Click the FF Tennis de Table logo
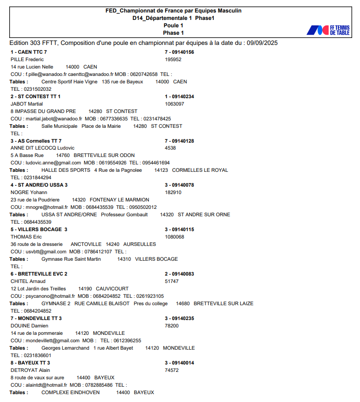coord(328,30)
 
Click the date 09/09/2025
coord(262,43)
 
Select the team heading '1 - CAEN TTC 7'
coord(29,52)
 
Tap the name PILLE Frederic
coord(27,59)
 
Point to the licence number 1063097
coord(174,104)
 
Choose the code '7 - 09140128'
coord(180,141)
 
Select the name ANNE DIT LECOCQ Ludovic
coord(43,148)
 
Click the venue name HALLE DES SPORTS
coord(66,170)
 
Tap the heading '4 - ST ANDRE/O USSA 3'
coord(39,185)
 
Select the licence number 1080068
coord(174,237)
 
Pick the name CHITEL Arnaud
coord(28,281)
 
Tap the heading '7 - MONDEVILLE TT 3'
coord(36,318)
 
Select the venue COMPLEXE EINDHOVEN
coord(70,392)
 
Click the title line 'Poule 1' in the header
coord(174,25)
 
